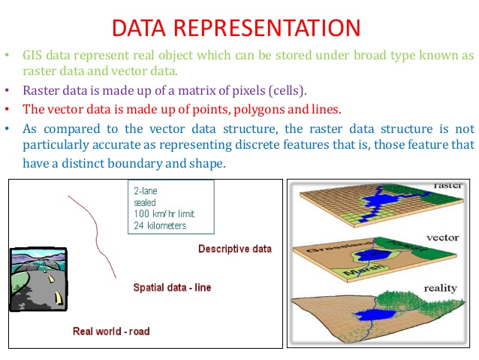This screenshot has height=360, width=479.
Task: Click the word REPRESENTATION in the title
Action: point(272,28)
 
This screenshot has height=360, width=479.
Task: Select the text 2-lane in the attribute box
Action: point(145,191)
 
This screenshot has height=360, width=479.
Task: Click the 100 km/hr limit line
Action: point(164,213)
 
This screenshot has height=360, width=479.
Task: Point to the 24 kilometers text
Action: point(159,225)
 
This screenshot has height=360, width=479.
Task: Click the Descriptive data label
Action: point(234,250)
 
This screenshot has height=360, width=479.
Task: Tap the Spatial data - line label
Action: point(172,287)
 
